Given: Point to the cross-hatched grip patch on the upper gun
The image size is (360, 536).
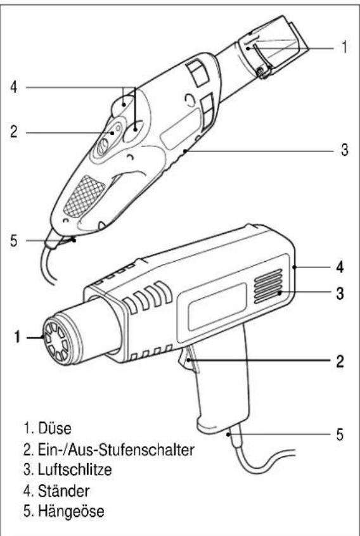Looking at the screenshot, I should [x=80, y=195].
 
